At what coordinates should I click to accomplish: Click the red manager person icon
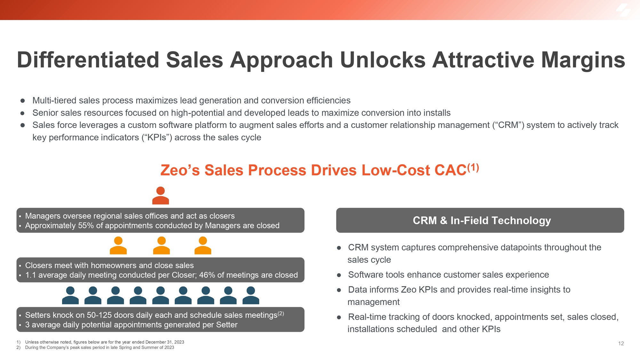coord(160,196)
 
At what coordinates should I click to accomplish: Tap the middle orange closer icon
coord(162,245)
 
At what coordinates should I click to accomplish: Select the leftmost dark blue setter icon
coord(70,295)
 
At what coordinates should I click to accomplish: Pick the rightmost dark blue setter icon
coord(251,295)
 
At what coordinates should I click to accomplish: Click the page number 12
coord(621,343)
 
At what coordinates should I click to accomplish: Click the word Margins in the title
coord(583,60)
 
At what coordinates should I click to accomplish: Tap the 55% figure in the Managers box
coord(86,226)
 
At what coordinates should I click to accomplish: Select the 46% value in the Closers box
coord(207,275)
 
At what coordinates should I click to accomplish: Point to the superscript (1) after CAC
coord(473,167)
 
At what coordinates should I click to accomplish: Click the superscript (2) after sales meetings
coord(281,314)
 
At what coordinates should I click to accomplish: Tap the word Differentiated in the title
coord(88,60)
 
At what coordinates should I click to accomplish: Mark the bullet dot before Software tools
coord(339,275)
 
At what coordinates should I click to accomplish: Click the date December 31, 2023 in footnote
coord(165,342)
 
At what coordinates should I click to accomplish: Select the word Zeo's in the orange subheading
coord(180,170)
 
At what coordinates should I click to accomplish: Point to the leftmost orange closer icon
coord(118,245)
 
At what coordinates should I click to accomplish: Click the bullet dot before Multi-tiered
coord(23,101)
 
